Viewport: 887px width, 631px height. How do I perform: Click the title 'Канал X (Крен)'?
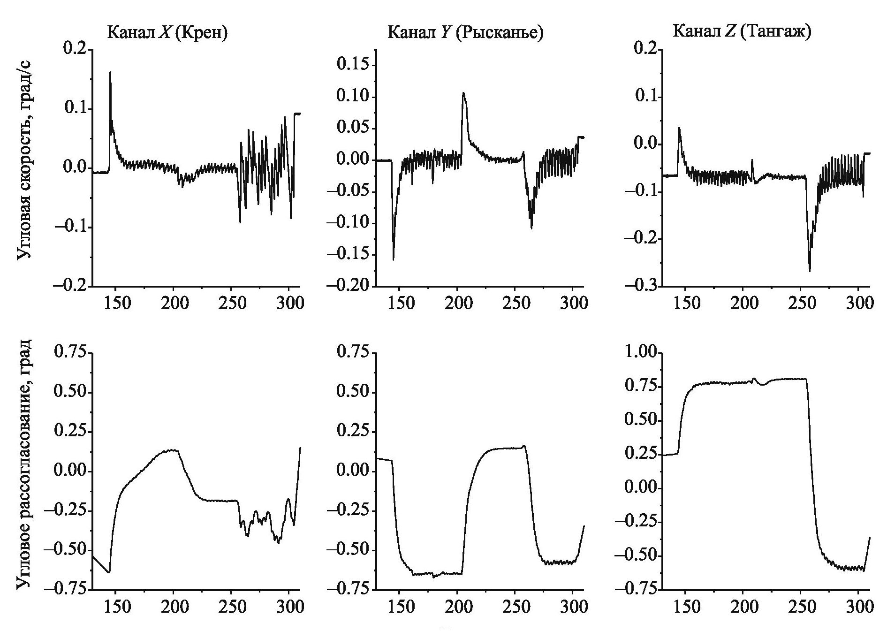[167, 32]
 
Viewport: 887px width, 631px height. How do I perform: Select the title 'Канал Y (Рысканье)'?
[465, 32]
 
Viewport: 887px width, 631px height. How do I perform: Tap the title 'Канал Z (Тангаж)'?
[742, 31]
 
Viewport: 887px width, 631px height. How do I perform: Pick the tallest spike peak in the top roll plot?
[110, 72]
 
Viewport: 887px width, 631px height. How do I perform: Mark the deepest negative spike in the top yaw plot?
[393, 259]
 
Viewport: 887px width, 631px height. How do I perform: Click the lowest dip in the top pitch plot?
[810, 271]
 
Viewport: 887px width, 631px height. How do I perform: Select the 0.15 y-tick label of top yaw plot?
[353, 65]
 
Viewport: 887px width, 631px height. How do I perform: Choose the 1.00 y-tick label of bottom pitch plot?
[640, 353]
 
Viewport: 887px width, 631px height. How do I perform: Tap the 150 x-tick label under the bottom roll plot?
[117, 607]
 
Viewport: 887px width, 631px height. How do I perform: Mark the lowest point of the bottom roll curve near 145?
[109, 572]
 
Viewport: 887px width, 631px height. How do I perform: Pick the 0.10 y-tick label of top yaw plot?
[353, 97]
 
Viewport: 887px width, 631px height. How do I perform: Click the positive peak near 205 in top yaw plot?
[463, 92]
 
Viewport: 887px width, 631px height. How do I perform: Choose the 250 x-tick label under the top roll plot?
[233, 303]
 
